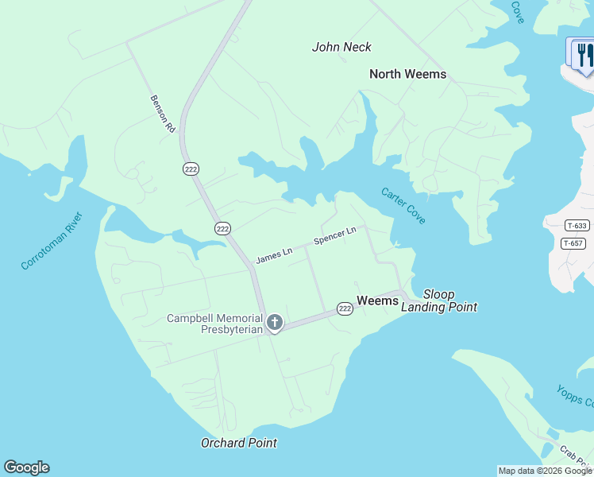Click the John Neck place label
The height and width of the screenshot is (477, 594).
[341, 47]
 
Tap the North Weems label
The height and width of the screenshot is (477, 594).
[407, 74]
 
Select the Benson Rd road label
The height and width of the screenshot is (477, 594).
[162, 113]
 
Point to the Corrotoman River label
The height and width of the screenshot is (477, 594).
[52, 240]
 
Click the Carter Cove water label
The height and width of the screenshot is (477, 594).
[403, 205]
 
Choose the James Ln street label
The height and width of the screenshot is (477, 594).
[274, 255]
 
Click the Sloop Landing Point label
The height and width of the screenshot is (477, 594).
[439, 301]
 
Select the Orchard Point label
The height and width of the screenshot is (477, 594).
[238, 443]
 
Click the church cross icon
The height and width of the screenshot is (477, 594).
[275, 322]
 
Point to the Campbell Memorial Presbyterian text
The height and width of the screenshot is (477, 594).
[214, 324]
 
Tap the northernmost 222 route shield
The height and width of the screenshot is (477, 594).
[191, 169]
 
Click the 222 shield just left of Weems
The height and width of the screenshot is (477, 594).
[344, 308]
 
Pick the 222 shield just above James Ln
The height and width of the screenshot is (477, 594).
[222, 228]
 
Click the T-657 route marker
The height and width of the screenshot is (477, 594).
[575, 243]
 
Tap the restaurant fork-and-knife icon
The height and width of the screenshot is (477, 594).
[584, 54]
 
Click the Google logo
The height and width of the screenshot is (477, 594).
[26, 467]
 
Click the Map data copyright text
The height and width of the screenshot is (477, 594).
[545, 471]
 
